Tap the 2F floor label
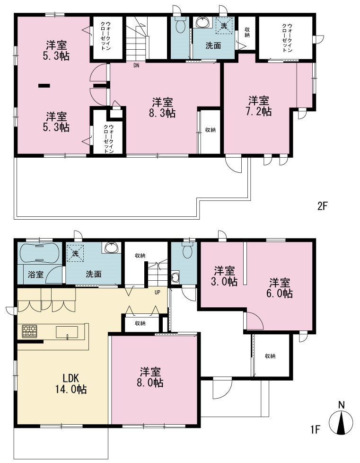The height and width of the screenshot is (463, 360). click(x=323, y=206)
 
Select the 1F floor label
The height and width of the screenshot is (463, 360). click(x=315, y=429)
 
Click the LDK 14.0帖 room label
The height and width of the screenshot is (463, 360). click(x=71, y=383)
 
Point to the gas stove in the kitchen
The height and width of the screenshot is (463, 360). click(x=29, y=331)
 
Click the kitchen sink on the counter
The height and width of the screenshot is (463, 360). click(x=67, y=332)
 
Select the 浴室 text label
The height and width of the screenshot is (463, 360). click(x=35, y=275)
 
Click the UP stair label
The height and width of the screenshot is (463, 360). click(x=157, y=292)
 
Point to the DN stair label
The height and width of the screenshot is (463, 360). click(x=136, y=65)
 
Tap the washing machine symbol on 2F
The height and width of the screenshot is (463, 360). click(x=224, y=26)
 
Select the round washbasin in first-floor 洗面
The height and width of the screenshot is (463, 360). click(x=111, y=248)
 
